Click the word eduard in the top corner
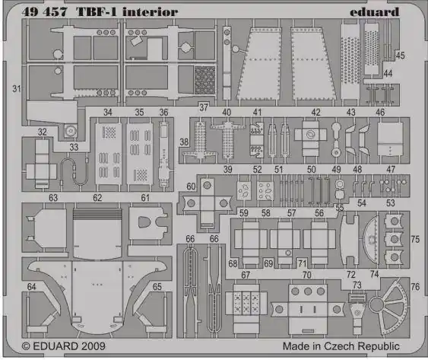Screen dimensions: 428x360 pyautogui.click(x=374, y=11)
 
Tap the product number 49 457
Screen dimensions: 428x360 pyautogui.click(x=45, y=12)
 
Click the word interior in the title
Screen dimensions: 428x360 pyautogui.click(x=150, y=11)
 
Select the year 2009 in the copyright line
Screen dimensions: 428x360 pyautogui.click(x=93, y=346)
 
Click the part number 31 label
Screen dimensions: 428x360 pyautogui.click(x=17, y=89)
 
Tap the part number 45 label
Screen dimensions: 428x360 pyautogui.click(x=400, y=56)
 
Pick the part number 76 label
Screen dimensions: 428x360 pyautogui.click(x=415, y=287)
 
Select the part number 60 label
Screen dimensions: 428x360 pyautogui.click(x=191, y=186)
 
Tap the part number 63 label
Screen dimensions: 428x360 pyautogui.click(x=53, y=198)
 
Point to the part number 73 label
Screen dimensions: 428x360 pyautogui.click(x=357, y=285)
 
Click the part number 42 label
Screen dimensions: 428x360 pyautogui.click(x=315, y=112)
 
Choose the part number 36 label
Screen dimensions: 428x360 pyautogui.click(x=163, y=112)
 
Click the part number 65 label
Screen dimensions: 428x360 pyautogui.click(x=157, y=287)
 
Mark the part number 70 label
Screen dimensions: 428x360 pyautogui.click(x=306, y=275)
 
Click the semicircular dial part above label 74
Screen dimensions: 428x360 pyautogui.click(x=371, y=240)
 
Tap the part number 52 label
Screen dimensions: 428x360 pyautogui.click(x=257, y=170)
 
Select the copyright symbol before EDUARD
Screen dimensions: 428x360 pyautogui.click(x=26, y=346)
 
